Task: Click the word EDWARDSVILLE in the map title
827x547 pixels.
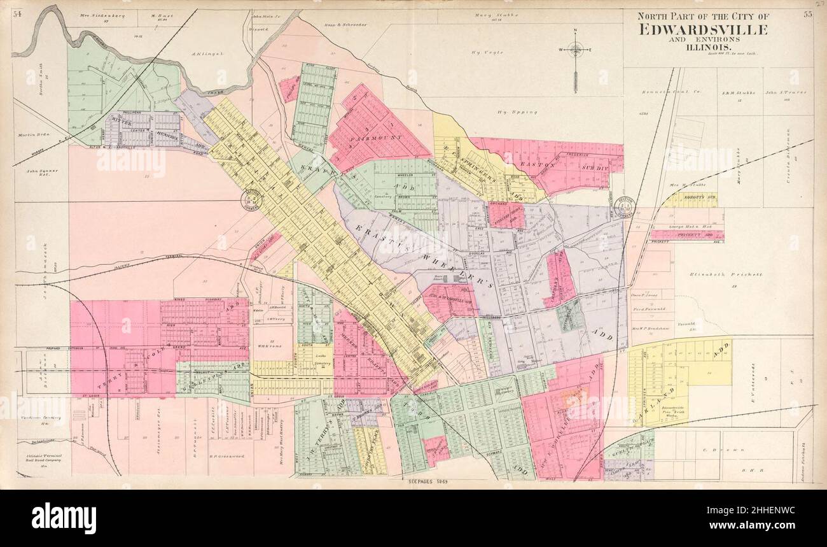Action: pyautogui.click(x=703, y=29)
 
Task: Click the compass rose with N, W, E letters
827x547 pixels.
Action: pyautogui.click(x=575, y=49)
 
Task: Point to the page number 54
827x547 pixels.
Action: pyautogui.click(x=17, y=14)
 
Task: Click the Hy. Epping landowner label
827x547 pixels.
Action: pyautogui.click(x=518, y=112)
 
